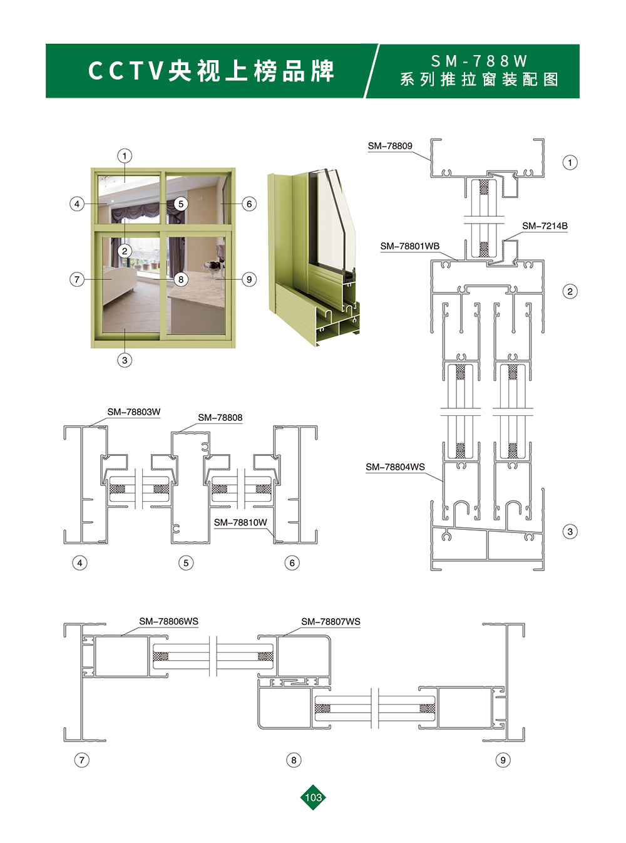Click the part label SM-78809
[x=390, y=146]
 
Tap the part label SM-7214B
[x=545, y=225]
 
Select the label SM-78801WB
[x=410, y=246]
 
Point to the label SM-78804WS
[x=395, y=467]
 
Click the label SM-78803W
[x=134, y=412]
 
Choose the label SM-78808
[x=220, y=418]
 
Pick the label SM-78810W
[x=240, y=522]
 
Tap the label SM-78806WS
[x=168, y=621]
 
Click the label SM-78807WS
[x=331, y=622]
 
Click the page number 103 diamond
[x=313, y=797]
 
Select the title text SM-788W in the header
[x=480, y=61]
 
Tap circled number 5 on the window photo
[x=181, y=204]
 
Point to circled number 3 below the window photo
[x=125, y=360]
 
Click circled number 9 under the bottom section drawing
[x=503, y=760]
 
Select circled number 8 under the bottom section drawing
[x=294, y=760]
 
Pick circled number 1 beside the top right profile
[x=570, y=163]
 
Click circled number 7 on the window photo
[x=77, y=280]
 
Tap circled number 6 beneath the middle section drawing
[x=292, y=563]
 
